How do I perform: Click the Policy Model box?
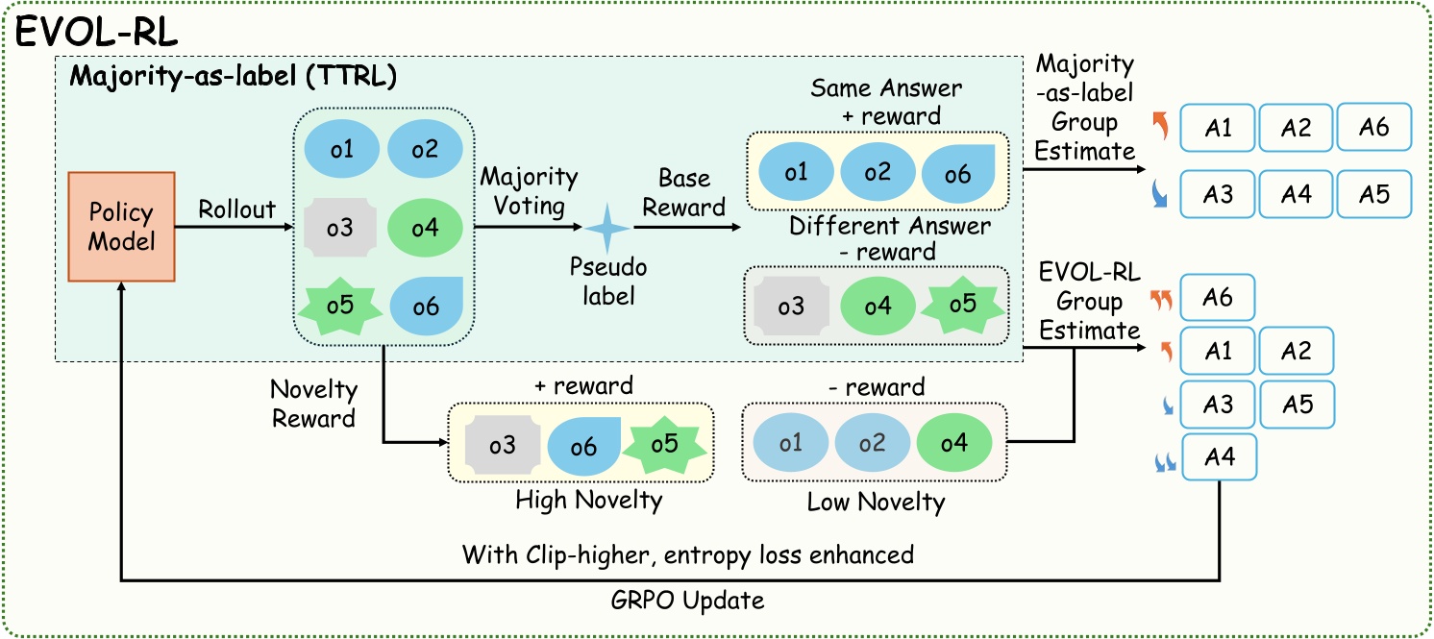point(121,227)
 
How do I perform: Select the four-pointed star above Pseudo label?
point(607,229)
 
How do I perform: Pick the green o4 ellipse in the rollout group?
point(426,229)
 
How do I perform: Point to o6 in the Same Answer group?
point(959,172)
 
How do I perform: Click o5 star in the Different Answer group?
point(962,305)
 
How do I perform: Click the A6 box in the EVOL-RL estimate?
point(1218,299)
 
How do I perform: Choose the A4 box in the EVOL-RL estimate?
point(1218,458)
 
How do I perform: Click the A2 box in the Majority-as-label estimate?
point(1296,128)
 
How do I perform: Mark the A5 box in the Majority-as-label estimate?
point(1374,194)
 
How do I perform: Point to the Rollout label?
point(236,209)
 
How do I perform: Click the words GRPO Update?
point(688,601)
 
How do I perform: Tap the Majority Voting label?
point(529,191)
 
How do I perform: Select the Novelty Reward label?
point(314,405)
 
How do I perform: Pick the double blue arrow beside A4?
point(1166,464)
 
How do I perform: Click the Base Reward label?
point(684,192)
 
